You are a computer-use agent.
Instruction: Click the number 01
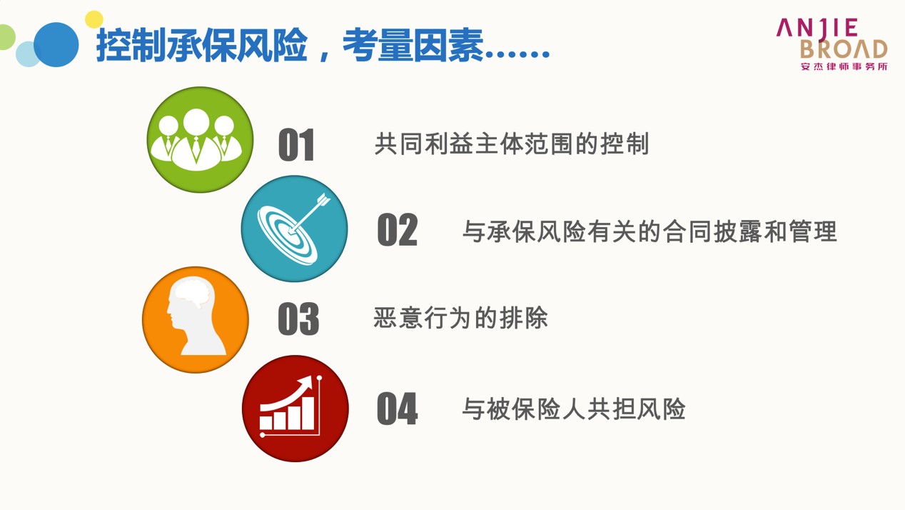[296, 145]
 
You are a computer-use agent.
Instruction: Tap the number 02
[397, 230]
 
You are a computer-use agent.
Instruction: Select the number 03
[298, 319]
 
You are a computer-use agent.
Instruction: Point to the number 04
[397, 409]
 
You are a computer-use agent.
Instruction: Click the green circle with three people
[200, 139]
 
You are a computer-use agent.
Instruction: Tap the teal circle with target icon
[295, 229]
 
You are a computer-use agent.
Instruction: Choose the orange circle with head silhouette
[196, 319]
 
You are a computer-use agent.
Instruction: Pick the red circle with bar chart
[295, 409]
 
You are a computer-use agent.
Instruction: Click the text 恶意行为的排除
[460, 318]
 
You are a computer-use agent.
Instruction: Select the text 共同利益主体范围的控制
[512, 144]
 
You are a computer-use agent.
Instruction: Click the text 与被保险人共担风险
[574, 409]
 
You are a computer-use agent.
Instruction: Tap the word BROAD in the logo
[844, 49]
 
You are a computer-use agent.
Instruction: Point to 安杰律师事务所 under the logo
[844, 66]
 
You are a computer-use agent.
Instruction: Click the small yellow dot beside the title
[94, 19]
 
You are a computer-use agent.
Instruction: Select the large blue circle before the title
[56, 44]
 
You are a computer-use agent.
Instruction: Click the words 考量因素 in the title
[413, 45]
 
